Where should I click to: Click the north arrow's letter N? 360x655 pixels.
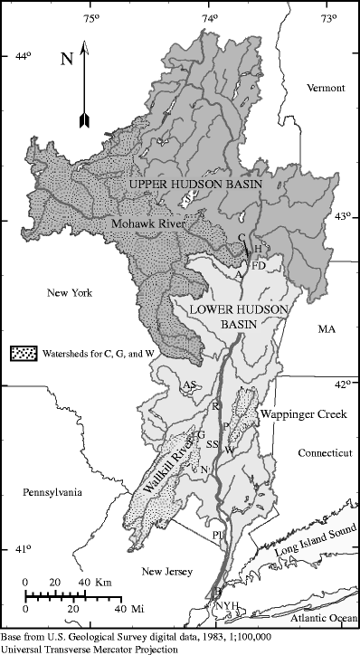[66, 60]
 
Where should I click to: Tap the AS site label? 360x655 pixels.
[190, 386]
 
